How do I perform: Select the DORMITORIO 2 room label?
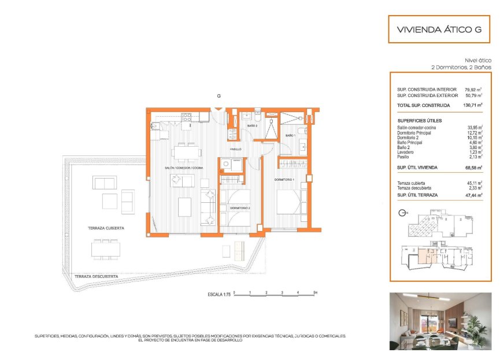239,207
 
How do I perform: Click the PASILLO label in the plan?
235,149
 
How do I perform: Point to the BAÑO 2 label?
252,125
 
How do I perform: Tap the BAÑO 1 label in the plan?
290,136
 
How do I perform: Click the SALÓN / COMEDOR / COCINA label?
183,168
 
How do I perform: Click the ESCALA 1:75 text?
219,294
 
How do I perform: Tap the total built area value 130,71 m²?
473,106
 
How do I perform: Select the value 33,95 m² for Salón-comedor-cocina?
475,127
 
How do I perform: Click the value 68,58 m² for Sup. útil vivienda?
473,168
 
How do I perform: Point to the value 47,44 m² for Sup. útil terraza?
473,195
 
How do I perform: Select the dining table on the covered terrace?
106,249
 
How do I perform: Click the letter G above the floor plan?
218,96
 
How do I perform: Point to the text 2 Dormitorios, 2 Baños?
461,67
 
